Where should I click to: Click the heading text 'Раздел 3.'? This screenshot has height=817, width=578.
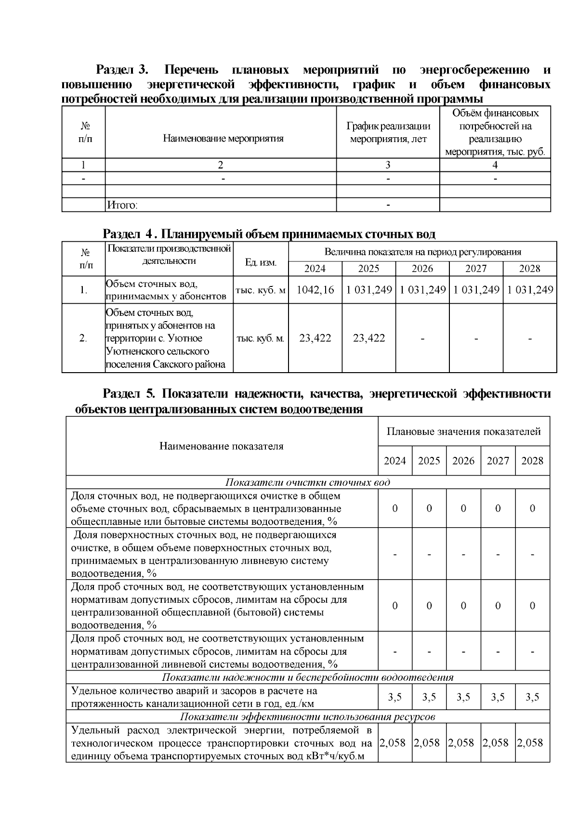point(121,70)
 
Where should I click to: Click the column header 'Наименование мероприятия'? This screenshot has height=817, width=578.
point(223,139)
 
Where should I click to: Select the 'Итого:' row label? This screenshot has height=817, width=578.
point(122,205)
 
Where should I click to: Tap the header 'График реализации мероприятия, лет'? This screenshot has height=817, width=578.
point(388,132)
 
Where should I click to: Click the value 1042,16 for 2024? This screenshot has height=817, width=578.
point(315,290)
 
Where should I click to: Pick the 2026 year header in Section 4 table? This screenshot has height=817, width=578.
point(422,269)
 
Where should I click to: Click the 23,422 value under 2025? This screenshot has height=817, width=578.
point(369,338)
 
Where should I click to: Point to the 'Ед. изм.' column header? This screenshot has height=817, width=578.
point(261,262)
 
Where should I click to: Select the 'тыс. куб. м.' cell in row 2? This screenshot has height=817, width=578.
point(261,338)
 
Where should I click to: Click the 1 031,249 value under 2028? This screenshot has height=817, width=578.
point(530,290)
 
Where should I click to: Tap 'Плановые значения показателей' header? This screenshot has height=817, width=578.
point(463,431)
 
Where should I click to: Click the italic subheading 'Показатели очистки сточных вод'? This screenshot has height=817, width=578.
point(308,482)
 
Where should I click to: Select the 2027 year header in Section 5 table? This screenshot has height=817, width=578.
point(498,461)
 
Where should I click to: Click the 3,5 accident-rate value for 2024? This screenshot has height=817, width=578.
point(395,697)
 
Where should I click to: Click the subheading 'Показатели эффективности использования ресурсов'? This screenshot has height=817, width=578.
point(308,716)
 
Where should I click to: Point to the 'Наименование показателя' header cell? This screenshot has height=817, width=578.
point(222,446)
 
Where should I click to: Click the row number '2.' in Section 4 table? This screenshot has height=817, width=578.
point(83,338)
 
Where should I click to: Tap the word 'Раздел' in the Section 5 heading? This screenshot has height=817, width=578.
point(121,394)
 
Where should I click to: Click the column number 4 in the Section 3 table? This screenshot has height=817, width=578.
point(495,165)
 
